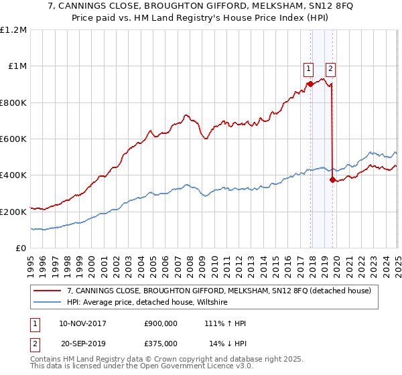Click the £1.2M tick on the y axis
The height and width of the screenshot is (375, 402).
tap(13, 30)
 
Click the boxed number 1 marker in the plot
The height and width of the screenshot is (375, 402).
tap(308, 67)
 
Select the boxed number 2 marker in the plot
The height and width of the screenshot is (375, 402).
tap(331, 67)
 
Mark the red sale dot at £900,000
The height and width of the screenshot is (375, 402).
tap(311, 84)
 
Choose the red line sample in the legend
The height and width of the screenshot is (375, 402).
tap(48, 290)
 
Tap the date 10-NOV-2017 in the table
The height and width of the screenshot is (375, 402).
tap(82, 323)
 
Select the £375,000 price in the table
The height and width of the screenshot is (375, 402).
tap(160, 342)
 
